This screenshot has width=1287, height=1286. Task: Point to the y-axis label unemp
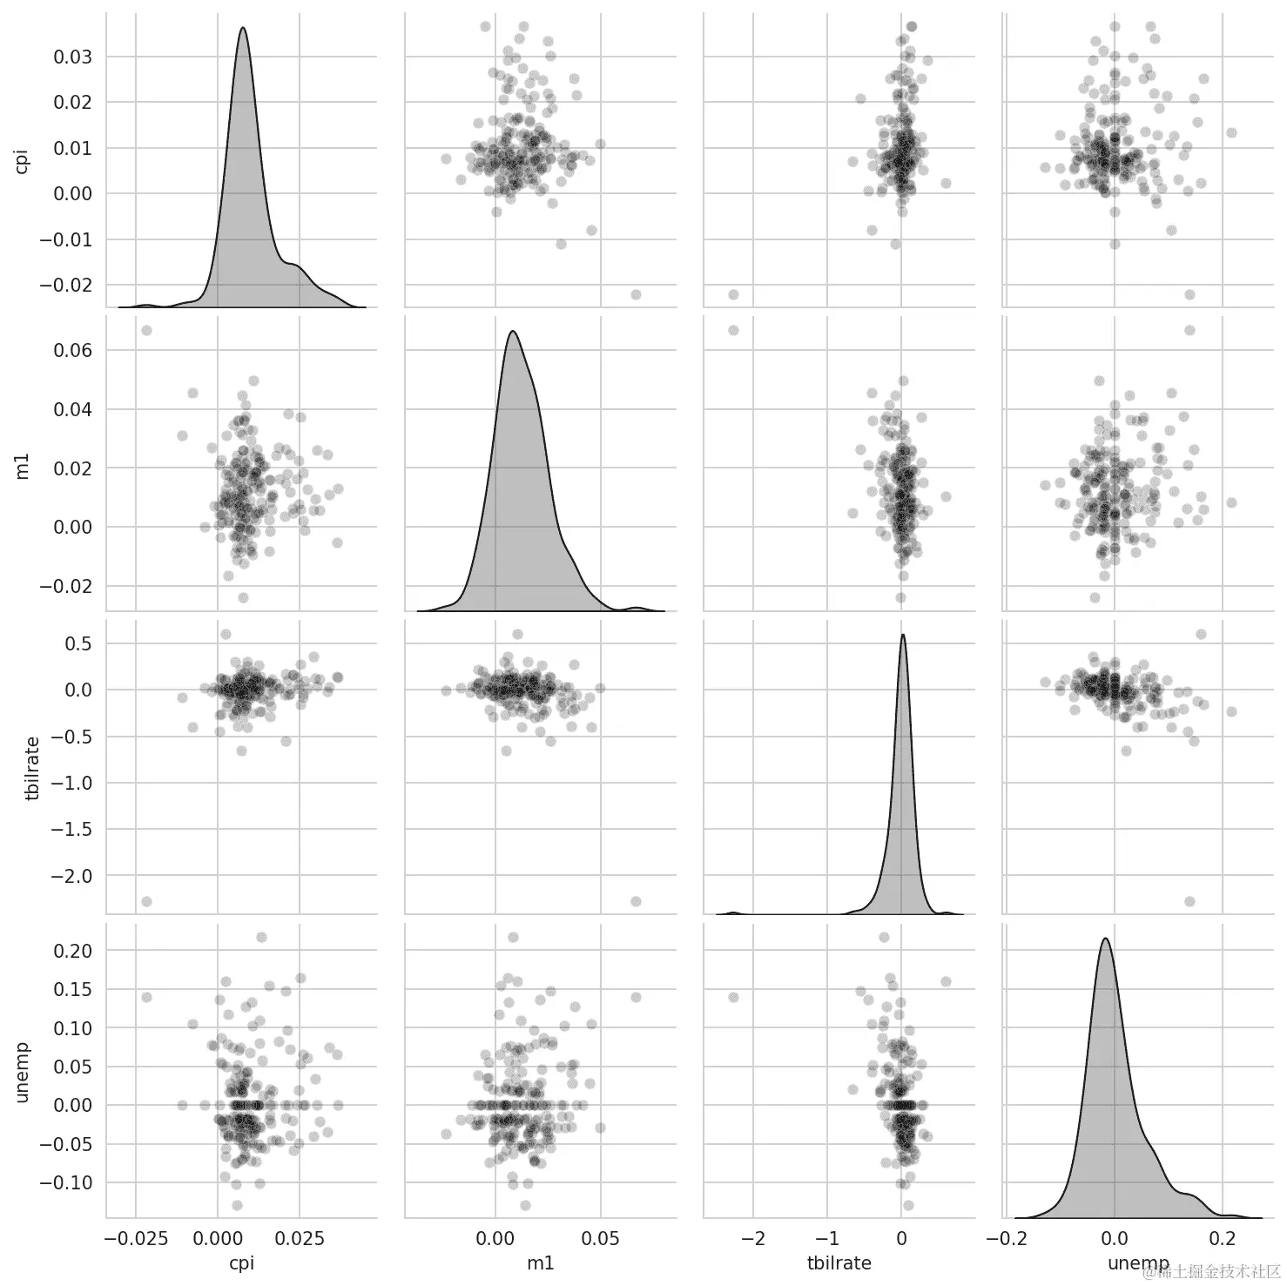(x=24, y=1072)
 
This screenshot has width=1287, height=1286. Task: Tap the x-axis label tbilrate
(x=839, y=1262)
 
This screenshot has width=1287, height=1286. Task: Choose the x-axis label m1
(x=541, y=1262)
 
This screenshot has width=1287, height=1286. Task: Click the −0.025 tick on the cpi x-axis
(x=136, y=1238)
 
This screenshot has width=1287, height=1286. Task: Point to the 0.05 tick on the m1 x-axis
(x=600, y=1238)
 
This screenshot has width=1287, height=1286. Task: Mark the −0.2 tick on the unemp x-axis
(x=1006, y=1238)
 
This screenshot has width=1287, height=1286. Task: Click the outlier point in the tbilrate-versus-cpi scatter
(x=146, y=901)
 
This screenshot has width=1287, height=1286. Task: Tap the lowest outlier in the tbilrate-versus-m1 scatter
(x=636, y=901)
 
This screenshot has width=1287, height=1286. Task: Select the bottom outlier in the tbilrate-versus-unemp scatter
(x=1189, y=901)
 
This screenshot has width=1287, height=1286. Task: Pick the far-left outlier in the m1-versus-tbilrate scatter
(x=733, y=331)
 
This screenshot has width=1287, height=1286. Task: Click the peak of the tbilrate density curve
(x=903, y=634)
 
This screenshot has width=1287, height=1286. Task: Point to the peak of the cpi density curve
(x=243, y=27)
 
